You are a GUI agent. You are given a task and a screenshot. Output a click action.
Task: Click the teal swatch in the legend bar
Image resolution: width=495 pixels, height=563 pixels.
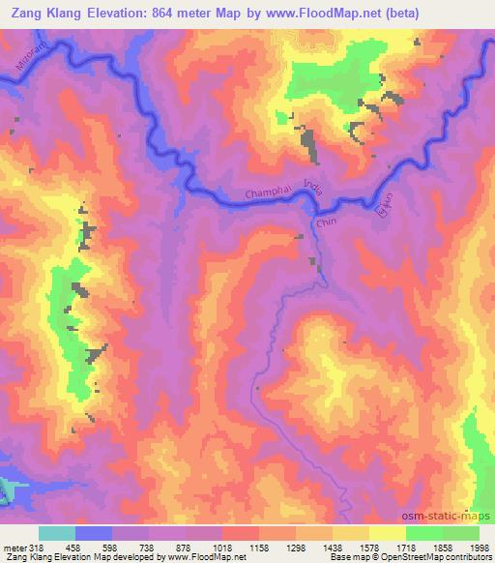[x=57, y=533]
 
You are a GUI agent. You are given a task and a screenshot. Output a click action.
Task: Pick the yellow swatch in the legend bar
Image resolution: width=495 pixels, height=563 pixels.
[x=386, y=533]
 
